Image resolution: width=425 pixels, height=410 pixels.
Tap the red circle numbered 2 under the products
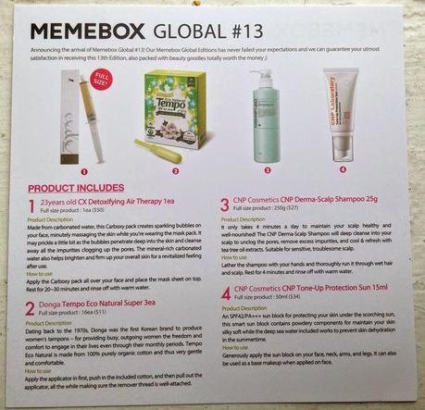coord(173,169)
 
